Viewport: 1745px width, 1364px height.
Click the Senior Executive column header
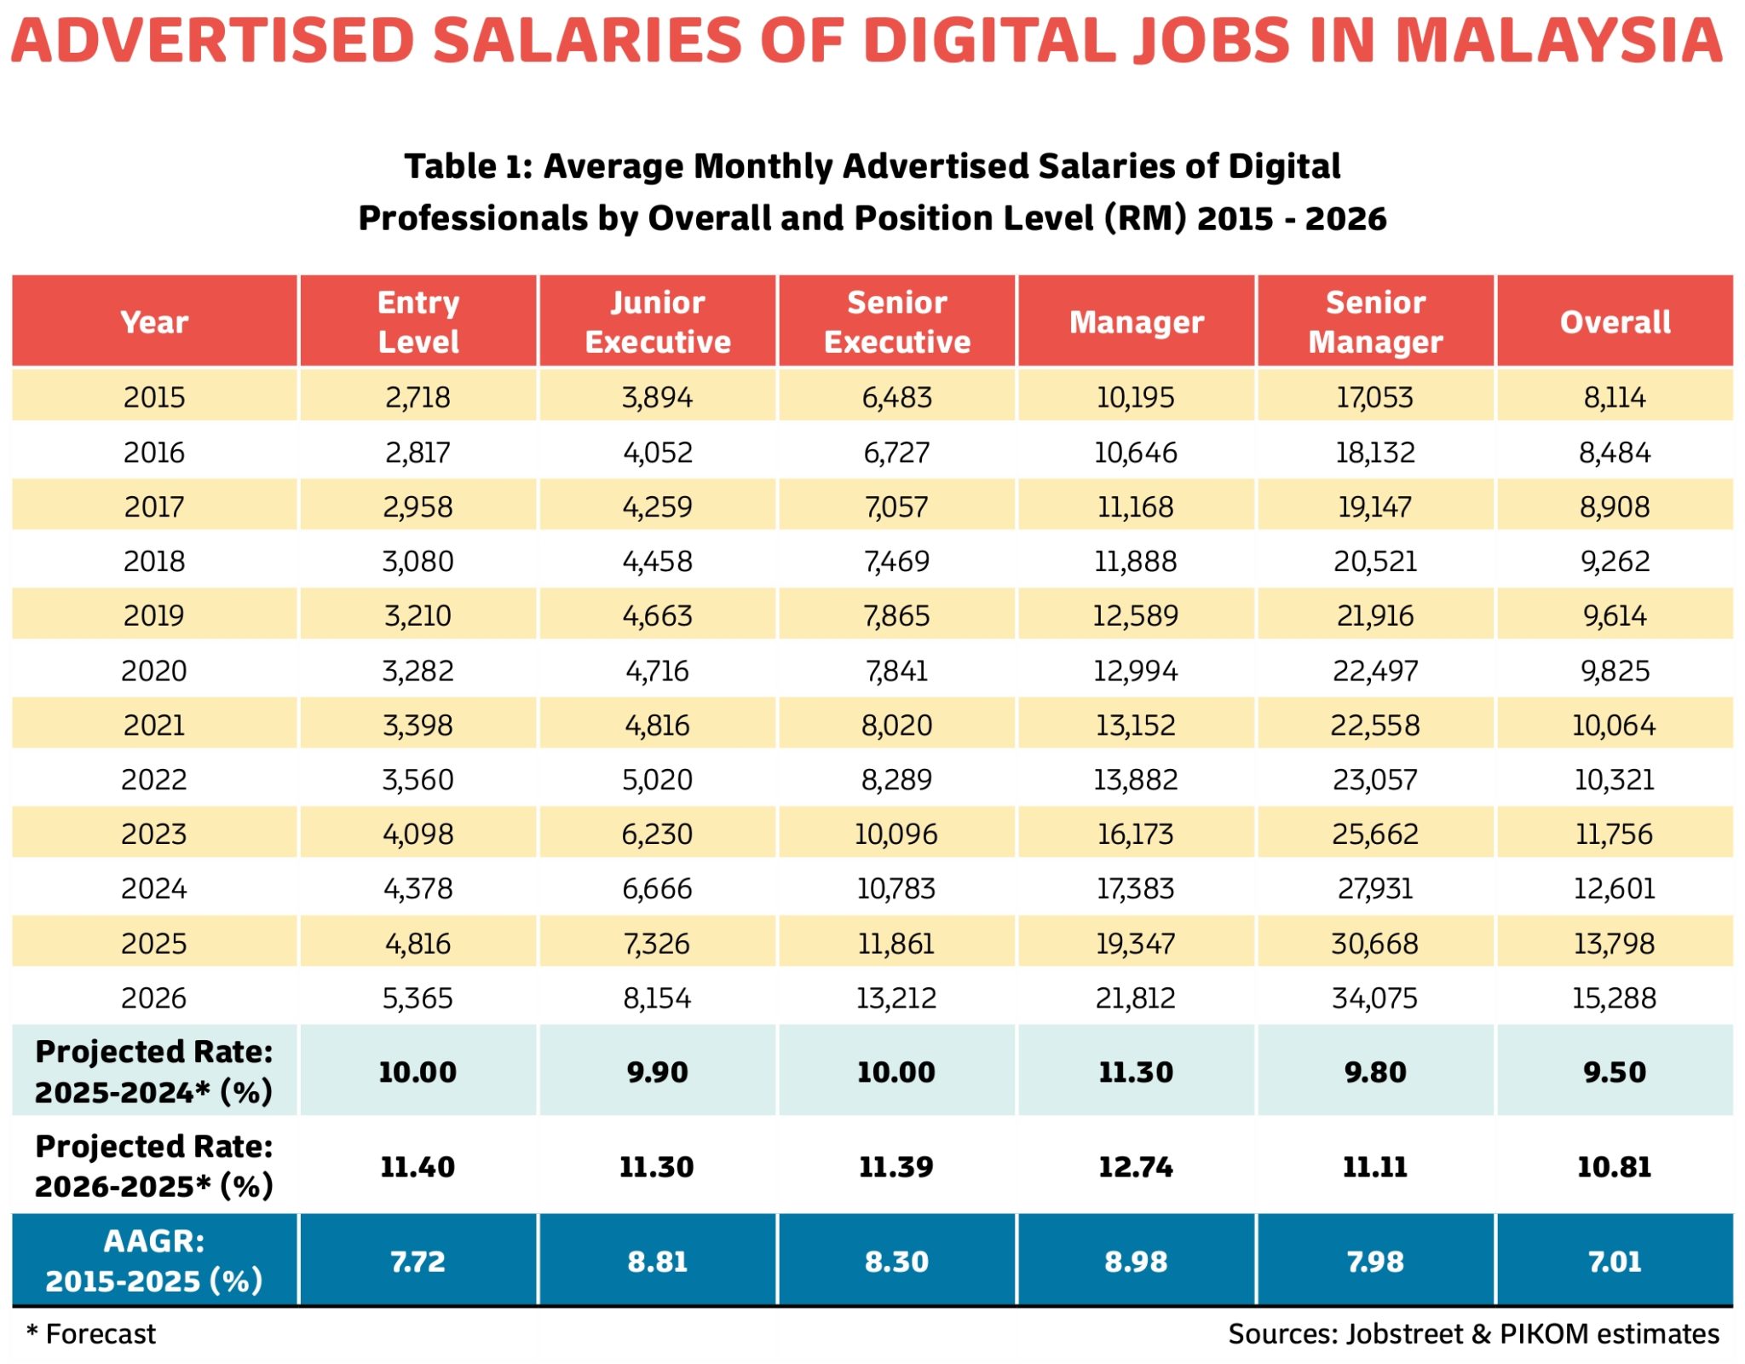[897, 322]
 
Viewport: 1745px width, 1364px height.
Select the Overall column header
[1615, 322]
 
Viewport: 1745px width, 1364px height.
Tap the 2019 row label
[154, 616]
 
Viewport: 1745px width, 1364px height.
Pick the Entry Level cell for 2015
[418, 397]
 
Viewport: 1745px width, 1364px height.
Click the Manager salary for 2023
[1136, 834]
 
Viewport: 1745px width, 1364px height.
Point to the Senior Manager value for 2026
[1375, 997]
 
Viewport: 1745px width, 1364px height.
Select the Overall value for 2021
[1614, 725]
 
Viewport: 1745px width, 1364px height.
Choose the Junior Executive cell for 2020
[657, 671]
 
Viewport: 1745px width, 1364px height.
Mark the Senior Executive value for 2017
[897, 507]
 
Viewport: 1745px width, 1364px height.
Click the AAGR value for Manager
[1136, 1262]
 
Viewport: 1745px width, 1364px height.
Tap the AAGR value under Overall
[1615, 1262]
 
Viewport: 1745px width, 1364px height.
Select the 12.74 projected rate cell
[1136, 1166]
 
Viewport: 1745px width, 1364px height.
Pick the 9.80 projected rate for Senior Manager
[1375, 1072]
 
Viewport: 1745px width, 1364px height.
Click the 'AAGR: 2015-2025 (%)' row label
[154, 1261]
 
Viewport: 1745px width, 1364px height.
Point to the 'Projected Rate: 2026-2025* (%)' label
[154, 1166]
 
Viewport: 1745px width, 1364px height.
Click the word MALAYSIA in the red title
[1559, 41]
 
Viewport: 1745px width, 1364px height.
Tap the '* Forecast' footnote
[92, 1334]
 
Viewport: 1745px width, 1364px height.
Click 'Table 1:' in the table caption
[468, 167]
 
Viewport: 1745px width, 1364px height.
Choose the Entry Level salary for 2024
[418, 888]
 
